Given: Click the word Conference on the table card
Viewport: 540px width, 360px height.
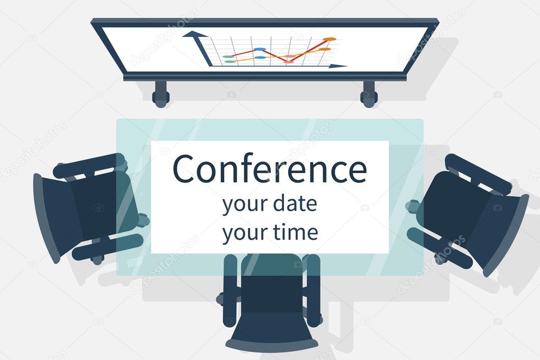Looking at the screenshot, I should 269,169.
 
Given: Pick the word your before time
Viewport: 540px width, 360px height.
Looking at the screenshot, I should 242,233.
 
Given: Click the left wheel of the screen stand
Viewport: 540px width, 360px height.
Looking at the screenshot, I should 160,97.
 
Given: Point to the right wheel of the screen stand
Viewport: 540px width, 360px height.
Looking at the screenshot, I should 369,97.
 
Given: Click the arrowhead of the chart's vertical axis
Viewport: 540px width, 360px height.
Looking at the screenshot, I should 194,35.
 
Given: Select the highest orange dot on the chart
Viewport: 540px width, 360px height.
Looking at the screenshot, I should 329,39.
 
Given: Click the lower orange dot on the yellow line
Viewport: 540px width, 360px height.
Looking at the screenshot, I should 325,49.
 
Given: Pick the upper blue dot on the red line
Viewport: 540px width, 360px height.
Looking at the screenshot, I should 259,49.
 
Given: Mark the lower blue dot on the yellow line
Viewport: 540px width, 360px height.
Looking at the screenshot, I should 260,58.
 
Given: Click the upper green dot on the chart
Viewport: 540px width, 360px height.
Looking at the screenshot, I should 228,56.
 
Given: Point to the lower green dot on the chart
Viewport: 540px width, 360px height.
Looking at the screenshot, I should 230,62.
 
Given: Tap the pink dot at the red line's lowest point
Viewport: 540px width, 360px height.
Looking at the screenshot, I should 288,62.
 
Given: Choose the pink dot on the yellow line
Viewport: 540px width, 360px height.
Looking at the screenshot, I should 290,56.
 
